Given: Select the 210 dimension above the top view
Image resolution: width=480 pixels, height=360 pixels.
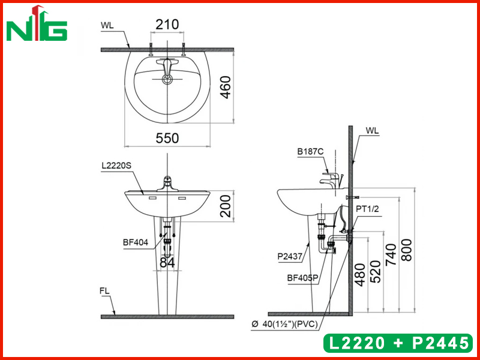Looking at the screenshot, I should [x=167, y=25].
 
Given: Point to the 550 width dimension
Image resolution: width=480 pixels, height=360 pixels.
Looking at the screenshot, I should [x=167, y=138].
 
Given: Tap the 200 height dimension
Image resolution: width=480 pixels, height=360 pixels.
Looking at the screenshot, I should [x=224, y=206].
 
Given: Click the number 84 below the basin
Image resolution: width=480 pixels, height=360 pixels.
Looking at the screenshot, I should [x=167, y=262].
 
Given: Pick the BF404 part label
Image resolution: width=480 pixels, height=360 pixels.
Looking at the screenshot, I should [x=136, y=243].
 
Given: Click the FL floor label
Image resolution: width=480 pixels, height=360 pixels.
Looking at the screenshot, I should [x=105, y=290].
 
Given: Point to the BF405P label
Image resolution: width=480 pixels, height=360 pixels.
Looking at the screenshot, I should [x=302, y=278].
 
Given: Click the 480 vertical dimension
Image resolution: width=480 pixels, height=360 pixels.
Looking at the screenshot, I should [x=361, y=275].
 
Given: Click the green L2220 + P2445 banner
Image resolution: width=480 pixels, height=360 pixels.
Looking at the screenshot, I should [x=397, y=343].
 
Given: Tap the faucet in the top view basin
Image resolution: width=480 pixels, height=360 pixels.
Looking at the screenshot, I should [x=167, y=68].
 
